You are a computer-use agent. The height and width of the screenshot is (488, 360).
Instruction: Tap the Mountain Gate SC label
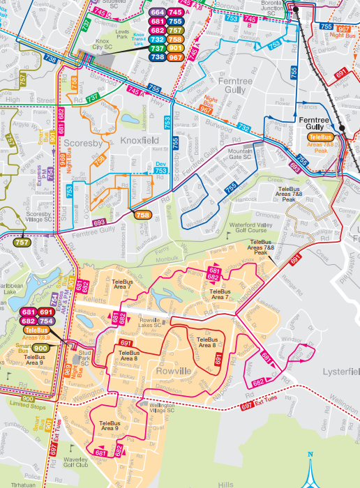(241, 154)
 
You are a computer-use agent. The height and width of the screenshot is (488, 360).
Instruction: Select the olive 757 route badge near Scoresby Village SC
(22, 243)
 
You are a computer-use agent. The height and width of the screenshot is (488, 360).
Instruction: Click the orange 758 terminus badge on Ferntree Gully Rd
(143, 215)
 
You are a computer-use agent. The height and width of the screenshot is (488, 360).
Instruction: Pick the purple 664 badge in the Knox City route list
(157, 13)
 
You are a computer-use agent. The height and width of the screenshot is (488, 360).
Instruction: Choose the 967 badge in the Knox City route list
(175, 57)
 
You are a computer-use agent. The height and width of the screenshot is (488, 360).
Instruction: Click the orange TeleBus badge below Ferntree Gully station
(321, 137)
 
